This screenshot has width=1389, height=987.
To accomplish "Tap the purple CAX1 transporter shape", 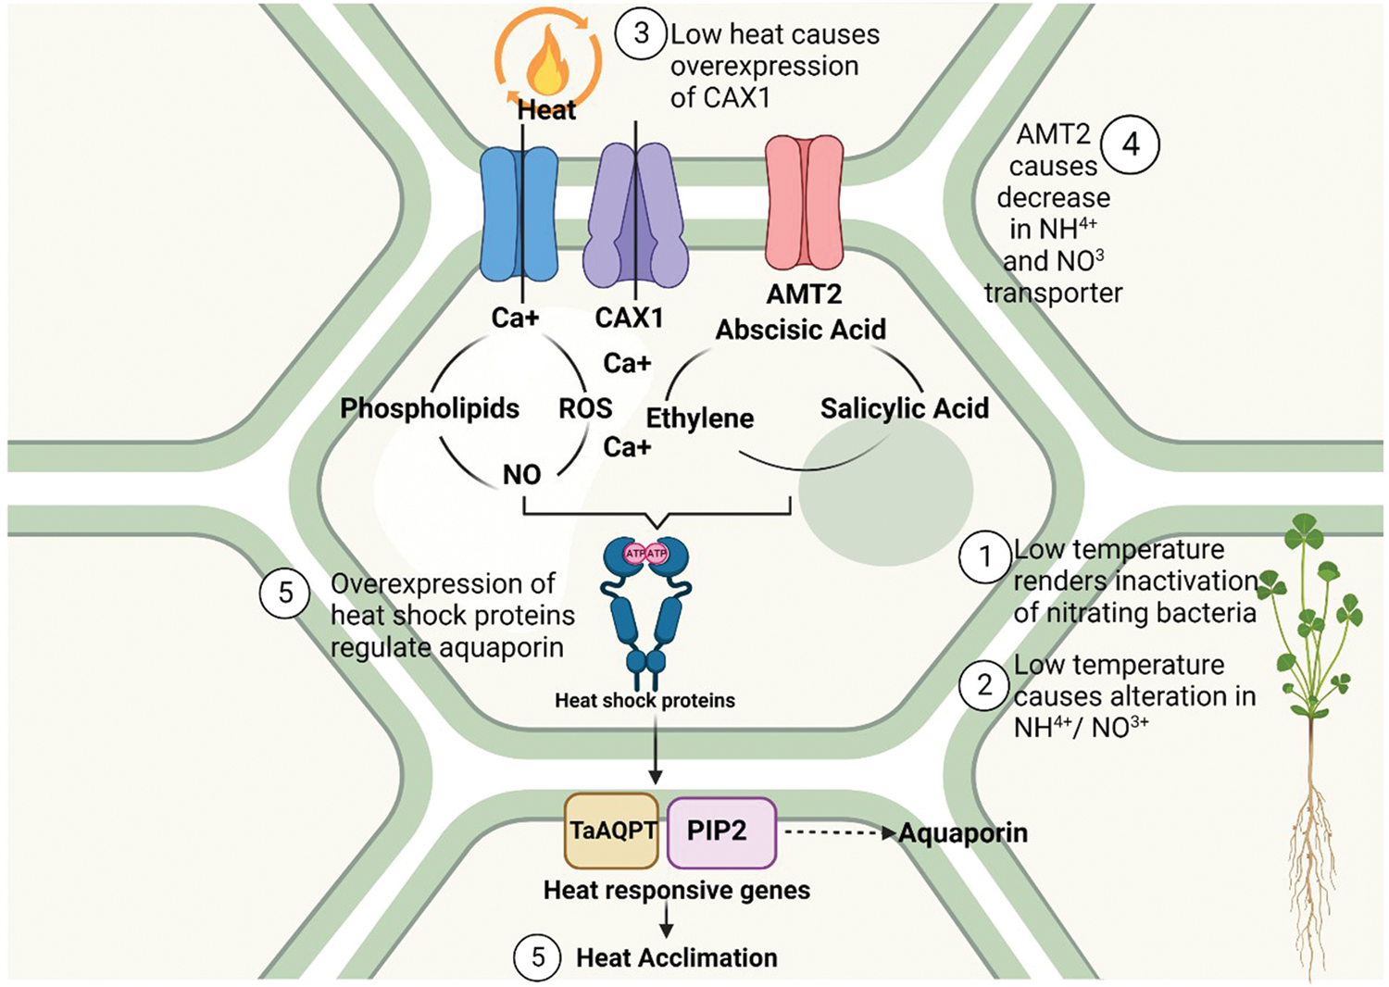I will point(635,215).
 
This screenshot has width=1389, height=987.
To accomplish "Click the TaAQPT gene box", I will point(612,831).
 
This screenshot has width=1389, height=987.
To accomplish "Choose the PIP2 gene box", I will point(720,831).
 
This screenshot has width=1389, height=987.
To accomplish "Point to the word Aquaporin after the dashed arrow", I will point(963,833).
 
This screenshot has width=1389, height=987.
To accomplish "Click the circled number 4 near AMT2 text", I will point(1130,144).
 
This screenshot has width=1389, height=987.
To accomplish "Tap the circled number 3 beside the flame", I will point(641,35).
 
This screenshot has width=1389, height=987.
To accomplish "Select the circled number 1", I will point(984,556).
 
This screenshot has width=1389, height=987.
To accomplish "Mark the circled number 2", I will point(984,684).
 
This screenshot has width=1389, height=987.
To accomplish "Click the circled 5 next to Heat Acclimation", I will point(538,956).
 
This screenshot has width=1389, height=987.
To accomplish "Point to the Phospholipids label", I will point(430,408).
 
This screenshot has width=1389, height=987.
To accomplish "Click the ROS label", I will point(585,408).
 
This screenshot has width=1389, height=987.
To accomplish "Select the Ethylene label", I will point(700,419).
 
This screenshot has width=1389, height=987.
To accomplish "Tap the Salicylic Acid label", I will point(904,408).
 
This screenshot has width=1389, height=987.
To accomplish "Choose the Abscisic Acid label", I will point(801,330).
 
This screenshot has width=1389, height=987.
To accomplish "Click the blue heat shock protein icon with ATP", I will point(645,602).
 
